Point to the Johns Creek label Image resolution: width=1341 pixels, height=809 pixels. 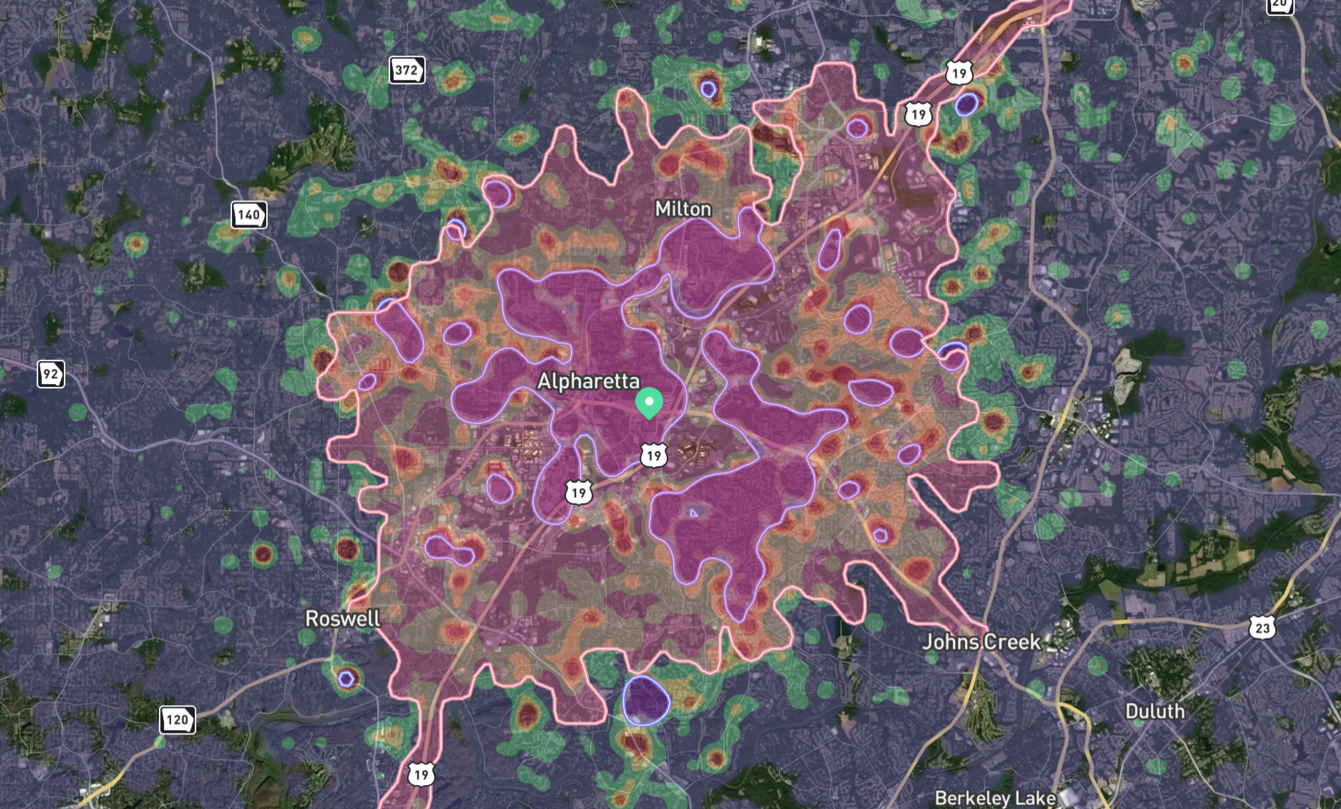(981, 642)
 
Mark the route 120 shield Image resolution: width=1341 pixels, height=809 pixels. (177, 720)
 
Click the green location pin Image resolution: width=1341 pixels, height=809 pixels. (649, 402)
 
